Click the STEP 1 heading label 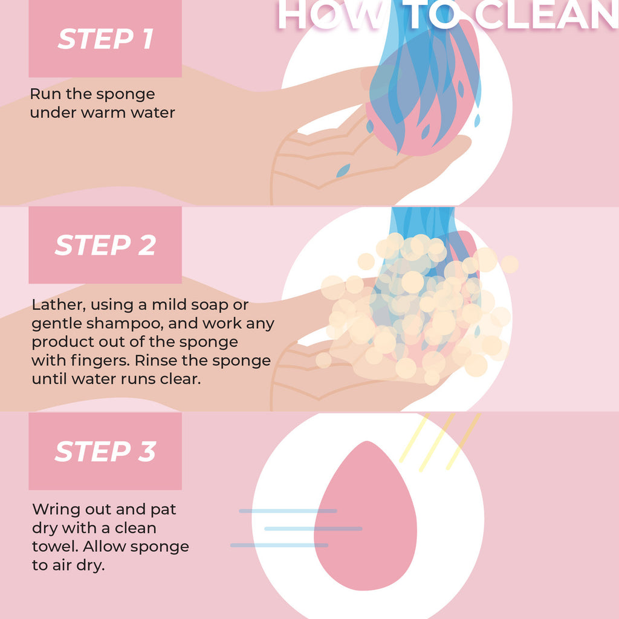[105, 39]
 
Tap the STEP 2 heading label [105, 245]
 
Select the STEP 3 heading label [105, 452]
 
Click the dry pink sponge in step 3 [365, 520]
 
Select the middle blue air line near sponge [313, 528]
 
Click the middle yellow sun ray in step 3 [436, 442]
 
